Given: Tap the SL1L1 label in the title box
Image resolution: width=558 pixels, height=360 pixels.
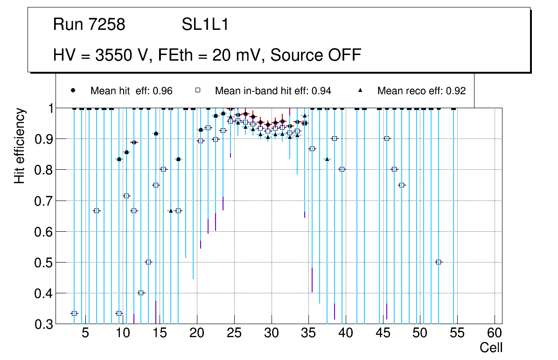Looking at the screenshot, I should (x=205, y=25).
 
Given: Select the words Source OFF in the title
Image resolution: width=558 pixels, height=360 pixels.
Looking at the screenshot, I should (x=316, y=55).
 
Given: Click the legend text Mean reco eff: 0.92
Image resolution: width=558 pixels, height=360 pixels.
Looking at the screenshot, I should (x=421, y=91).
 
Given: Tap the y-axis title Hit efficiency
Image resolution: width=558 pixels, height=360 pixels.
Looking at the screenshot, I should (x=20, y=145).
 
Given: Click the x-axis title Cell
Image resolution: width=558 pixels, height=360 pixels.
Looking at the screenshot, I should (x=491, y=347).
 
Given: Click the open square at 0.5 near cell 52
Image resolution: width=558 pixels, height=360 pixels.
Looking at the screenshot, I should (x=439, y=262).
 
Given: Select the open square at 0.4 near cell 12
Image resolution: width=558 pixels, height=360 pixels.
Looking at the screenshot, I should (x=141, y=293).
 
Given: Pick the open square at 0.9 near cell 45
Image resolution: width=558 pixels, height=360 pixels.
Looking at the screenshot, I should (x=387, y=138).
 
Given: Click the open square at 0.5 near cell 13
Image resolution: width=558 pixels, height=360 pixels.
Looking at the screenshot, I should (x=148, y=262).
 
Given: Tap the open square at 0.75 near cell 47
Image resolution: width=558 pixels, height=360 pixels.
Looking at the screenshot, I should (x=402, y=185).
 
